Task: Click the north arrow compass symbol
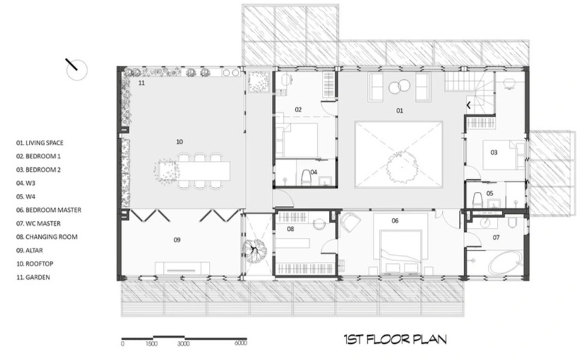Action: point(76,69)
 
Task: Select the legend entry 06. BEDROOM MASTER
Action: point(49,210)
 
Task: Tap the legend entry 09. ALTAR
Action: point(29,251)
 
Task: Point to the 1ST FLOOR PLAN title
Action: point(395,340)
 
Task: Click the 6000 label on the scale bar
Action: point(241,343)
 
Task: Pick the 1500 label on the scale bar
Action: point(152,344)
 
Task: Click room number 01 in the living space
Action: point(400,110)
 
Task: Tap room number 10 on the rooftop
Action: point(179,141)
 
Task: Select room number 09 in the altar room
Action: point(177,240)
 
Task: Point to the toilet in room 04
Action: point(307,177)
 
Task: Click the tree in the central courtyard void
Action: point(401,167)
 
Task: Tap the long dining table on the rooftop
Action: point(205,170)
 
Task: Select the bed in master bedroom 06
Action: point(401,252)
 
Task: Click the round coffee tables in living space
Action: point(399,88)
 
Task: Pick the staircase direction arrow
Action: point(468,106)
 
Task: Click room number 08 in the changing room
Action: point(291,229)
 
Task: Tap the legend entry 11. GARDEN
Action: point(33,277)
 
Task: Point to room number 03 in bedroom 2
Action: point(494,152)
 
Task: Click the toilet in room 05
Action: point(477,199)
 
